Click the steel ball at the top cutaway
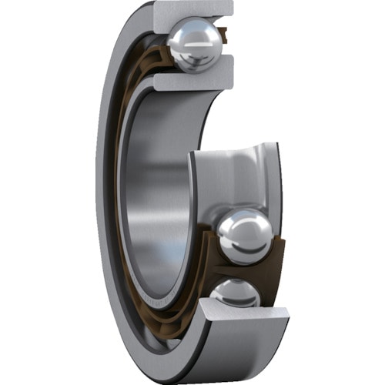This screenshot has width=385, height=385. click(x=195, y=46)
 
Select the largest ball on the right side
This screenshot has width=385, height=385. click(x=244, y=236)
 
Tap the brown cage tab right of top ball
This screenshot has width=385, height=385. click(x=223, y=35)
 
